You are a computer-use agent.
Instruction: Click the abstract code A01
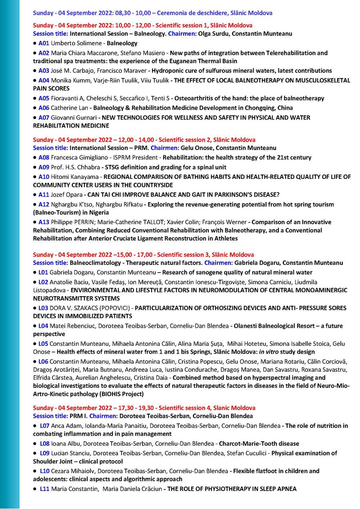(x=44, y=43)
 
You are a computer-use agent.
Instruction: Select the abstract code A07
(x=44, y=118)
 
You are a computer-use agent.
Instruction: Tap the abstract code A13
(x=44, y=222)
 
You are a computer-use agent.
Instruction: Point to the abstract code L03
(x=43, y=308)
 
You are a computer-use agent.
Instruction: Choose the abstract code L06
(x=43, y=361)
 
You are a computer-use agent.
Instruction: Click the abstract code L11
(x=45, y=489)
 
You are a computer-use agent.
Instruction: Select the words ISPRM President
(x=137, y=158)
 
